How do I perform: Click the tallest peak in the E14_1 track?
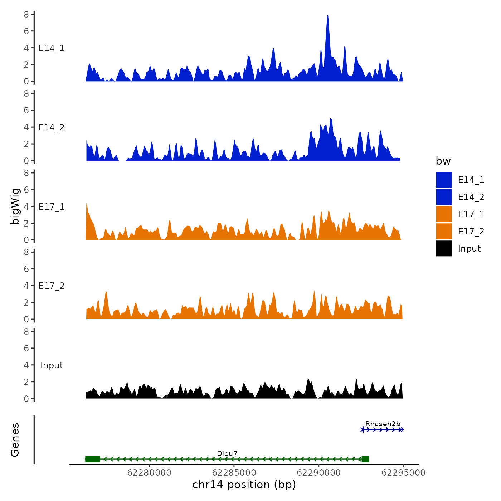click(x=328, y=16)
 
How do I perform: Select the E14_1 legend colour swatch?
click(x=444, y=180)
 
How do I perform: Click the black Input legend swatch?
click(x=444, y=248)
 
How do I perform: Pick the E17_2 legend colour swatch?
click(x=444, y=231)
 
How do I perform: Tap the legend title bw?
click(x=443, y=161)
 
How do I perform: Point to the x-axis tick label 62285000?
click(x=234, y=473)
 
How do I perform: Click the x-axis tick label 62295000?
click(x=403, y=473)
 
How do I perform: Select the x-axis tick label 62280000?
click(x=149, y=473)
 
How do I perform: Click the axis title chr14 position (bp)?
click(x=244, y=485)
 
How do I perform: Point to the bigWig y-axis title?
click(x=15, y=206)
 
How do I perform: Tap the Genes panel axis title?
click(x=15, y=440)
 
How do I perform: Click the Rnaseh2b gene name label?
click(x=383, y=424)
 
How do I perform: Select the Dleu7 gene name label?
click(x=227, y=454)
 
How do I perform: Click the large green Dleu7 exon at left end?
click(x=93, y=459)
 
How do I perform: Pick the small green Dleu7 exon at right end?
click(x=365, y=459)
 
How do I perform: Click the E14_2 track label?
click(x=52, y=127)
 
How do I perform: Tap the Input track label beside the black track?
click(x=52, y=365)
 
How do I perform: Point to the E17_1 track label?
click(x=52, y=207)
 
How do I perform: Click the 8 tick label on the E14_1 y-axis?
click(x=26, y=14)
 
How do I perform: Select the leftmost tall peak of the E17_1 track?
click(x=87, y=205)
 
